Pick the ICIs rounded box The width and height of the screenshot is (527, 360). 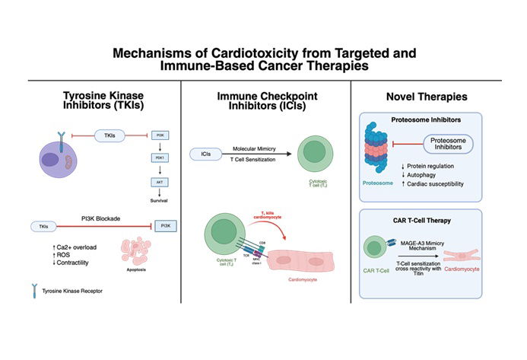tap(206, 154)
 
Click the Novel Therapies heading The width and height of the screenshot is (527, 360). tap(436, 97)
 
